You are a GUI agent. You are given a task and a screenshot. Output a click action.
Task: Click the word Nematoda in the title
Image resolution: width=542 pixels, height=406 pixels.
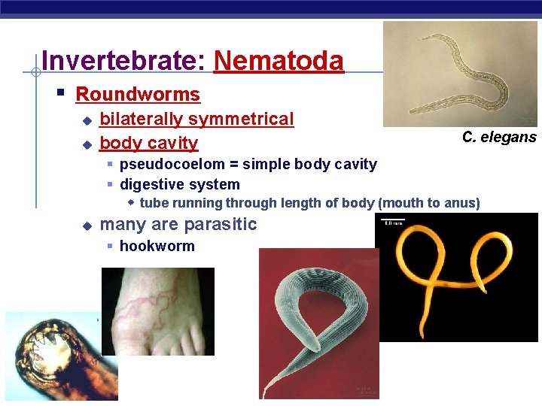(279, 61)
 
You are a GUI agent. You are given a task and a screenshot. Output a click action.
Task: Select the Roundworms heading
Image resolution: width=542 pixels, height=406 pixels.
(138, 95)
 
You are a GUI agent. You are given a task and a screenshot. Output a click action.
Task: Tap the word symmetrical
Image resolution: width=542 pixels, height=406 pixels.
(241, 119)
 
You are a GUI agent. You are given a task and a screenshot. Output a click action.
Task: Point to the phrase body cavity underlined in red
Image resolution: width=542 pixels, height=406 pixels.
(148, 143)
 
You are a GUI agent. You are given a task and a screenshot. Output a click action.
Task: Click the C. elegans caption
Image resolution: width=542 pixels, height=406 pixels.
(498, 137)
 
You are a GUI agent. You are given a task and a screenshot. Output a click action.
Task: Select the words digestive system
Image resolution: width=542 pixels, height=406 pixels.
(180, 184)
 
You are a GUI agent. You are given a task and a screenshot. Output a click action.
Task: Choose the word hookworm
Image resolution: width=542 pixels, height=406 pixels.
(157, 246)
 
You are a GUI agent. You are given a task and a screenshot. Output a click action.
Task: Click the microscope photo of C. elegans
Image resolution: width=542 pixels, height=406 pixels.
(459, 74)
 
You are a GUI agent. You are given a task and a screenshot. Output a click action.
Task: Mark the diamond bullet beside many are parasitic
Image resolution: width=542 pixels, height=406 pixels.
(87, 225)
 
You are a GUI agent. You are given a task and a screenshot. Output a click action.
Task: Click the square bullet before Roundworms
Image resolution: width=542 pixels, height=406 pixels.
(61, 94)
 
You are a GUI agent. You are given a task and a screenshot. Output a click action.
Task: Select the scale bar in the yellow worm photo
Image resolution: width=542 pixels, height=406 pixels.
(394, 221)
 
